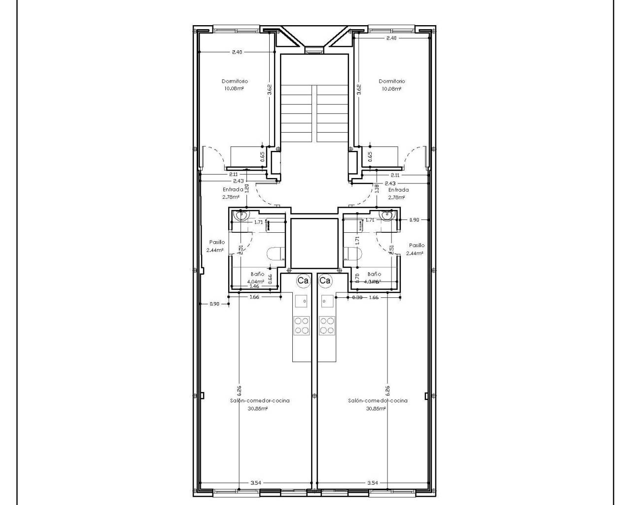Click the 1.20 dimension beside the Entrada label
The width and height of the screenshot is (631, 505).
pos(246,188)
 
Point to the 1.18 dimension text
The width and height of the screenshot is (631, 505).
pos(377,188)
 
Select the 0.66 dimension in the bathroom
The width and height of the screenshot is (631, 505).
pos(270,278)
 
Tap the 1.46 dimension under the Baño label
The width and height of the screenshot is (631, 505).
pos(254,286)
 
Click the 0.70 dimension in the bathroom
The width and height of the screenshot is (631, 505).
pos(357,278)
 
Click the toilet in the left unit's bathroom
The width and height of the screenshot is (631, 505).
pos(275,253)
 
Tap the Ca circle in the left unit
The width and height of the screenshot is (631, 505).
pos(303,281)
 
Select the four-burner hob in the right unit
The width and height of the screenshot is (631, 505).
pos(326,325)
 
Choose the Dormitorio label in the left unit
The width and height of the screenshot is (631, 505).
pos(235,81)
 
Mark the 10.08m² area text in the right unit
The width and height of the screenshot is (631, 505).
pos(391,89)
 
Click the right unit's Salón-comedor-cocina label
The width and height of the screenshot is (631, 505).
pos(378,400)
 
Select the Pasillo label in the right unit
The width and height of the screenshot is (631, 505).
pos(417,245)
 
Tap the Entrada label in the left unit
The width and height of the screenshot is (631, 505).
pos(233,189)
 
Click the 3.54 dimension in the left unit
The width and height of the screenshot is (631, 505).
pos(255,483)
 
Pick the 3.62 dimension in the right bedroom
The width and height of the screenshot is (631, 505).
pos(359,89)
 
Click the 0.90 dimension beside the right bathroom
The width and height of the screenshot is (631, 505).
pos(414,220)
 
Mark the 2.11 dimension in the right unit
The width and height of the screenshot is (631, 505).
pos(395,175)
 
